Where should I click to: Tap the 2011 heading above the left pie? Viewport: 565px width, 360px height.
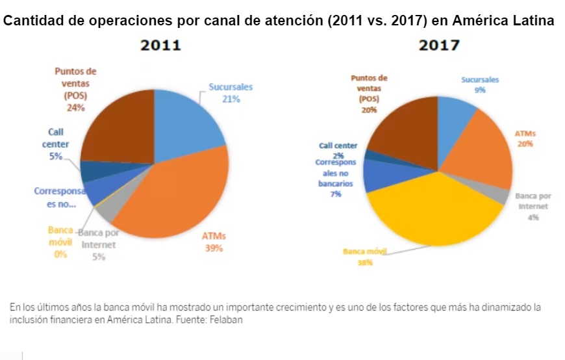point(161,45)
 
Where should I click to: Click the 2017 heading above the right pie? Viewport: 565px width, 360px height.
point(439,45)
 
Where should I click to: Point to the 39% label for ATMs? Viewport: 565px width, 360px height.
point(212,248)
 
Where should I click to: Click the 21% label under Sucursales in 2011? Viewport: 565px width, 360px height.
point(231,99)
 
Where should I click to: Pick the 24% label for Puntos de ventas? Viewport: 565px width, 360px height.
point(75,108)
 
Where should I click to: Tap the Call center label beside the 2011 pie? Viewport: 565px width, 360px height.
point(55,138)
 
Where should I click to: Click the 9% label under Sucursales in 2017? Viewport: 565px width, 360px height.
point(480,90)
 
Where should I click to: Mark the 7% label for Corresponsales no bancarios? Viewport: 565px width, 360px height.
point(336,194)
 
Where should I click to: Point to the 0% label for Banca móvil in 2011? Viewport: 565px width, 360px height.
point(60,254)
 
